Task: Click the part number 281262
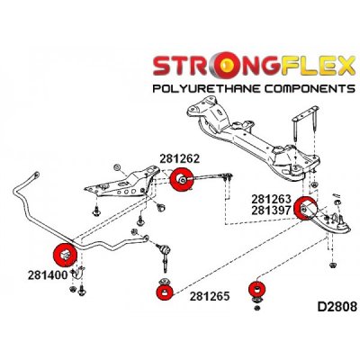[179, 158]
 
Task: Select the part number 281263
[271, 199]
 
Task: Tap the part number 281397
[271, 211]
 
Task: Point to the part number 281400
[48, 275]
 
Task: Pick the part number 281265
[210, 296]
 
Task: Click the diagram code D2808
[337, 307]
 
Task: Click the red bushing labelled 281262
[181, 179]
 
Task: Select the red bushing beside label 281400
[65, 255]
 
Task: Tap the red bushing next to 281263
[305, 208]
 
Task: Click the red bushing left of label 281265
[165, 292]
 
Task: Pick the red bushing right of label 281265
[257, 288]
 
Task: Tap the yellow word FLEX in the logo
[315, 66]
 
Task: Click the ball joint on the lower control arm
[341, 222]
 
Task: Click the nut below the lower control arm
[332, 265]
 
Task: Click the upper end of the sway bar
[36, 175]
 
